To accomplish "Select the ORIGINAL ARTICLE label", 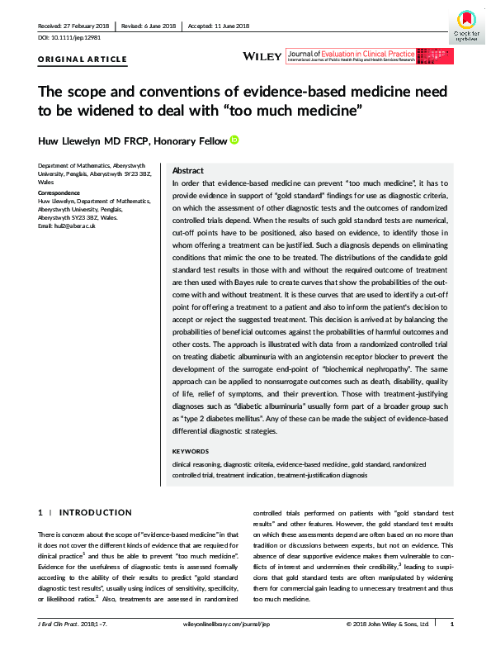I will coord(83,59).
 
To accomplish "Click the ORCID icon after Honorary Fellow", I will coord(234,140).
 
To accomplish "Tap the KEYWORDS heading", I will coord(191,451).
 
